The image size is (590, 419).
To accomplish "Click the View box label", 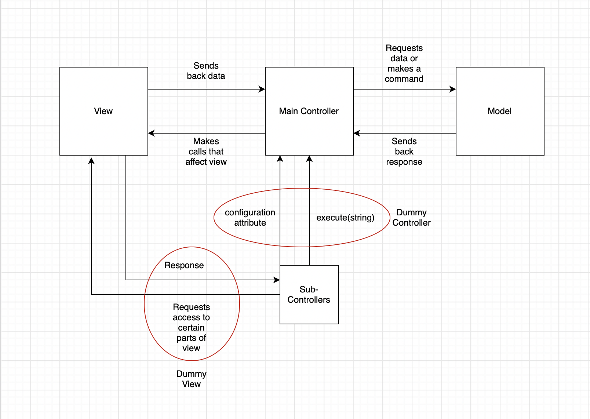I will (103, 111).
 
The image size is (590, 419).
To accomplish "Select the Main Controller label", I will (309, 111).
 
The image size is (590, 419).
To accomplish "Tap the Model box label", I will (499, 111).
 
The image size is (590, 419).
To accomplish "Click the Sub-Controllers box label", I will (309, 295).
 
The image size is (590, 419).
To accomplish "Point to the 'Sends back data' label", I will (206, 71).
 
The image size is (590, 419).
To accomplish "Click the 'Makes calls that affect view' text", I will (206, 152).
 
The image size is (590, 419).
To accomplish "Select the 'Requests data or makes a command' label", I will (404, 63).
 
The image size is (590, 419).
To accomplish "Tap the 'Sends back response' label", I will (404, 152).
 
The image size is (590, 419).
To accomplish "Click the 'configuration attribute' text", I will (250, 218).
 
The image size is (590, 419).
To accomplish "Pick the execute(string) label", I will (345, 218).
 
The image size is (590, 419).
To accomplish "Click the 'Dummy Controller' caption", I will (411, 218).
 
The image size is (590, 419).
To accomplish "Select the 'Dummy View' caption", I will (191, 379).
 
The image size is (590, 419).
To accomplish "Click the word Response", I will (184, 265).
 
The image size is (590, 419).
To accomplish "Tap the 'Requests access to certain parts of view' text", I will (191, 328).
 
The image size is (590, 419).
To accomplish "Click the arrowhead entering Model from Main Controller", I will (453, 89).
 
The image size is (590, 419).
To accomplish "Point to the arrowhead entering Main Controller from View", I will (262, 89).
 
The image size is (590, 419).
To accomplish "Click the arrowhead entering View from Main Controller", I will (151, 133).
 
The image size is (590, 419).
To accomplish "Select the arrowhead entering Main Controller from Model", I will (357, 133).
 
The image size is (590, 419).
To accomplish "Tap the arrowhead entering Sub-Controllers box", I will (277, 280).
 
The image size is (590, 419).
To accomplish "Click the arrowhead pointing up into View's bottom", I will (91, 161).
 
